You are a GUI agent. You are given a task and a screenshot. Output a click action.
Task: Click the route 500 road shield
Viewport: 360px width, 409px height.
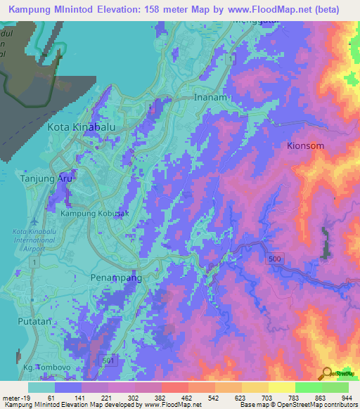click(x=275, y=260)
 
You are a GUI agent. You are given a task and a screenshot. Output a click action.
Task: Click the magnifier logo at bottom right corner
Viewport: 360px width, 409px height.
click(x=327, y=374)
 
